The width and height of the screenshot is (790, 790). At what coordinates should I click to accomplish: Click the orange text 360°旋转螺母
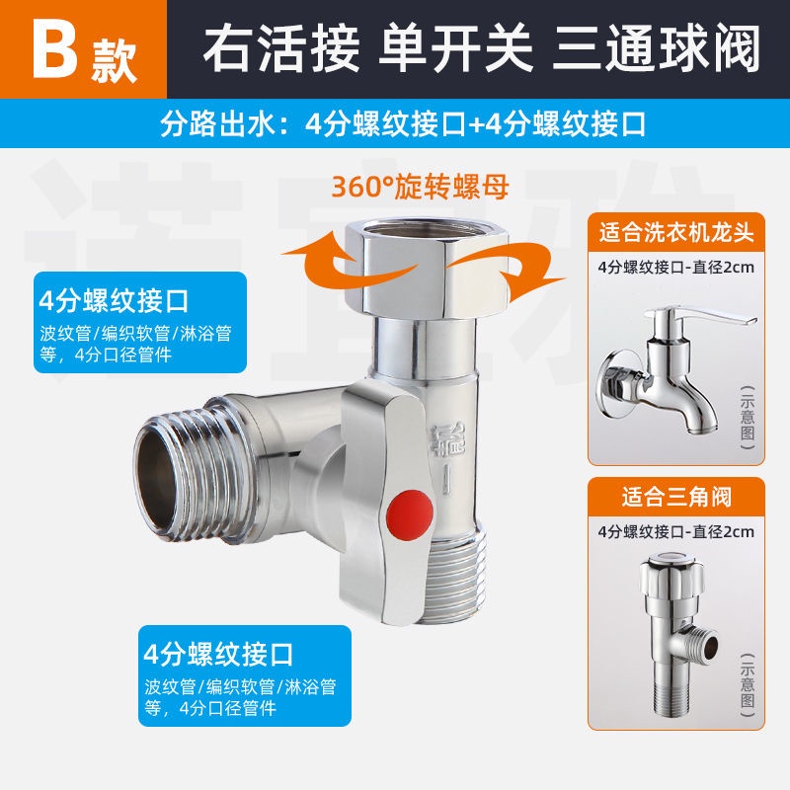[421, 187]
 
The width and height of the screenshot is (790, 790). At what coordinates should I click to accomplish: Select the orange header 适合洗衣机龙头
[676, 233]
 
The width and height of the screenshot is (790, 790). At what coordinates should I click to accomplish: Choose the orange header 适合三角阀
[676, 498]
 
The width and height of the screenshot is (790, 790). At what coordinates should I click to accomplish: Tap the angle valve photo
[677, 636]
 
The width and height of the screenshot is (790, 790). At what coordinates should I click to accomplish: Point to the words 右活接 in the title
[281, 49]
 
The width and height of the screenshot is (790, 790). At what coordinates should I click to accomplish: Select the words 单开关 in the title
[455, 49]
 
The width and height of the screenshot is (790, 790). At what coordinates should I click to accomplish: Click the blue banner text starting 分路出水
[403, 124]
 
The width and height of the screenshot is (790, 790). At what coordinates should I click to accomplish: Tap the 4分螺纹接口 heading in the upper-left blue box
[114, 301]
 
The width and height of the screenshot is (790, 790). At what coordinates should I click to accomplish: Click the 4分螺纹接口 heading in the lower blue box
[218, 654]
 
